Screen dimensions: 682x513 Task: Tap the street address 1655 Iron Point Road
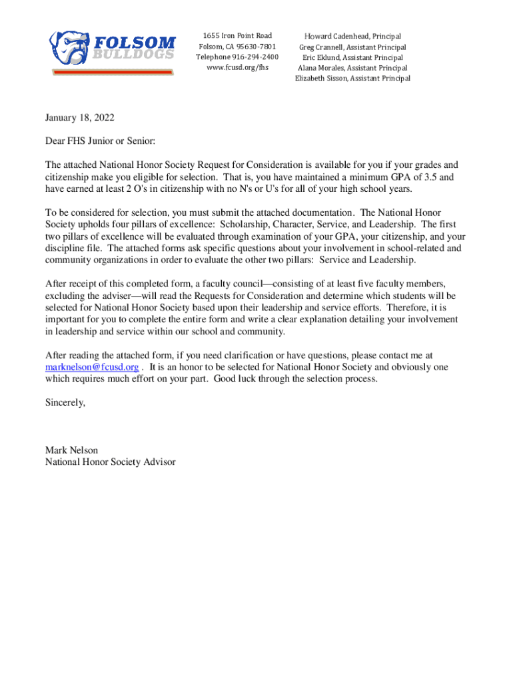coord(237,35)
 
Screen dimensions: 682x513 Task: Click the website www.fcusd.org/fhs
coord(237,67)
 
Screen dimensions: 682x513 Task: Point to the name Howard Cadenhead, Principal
coord(352,36)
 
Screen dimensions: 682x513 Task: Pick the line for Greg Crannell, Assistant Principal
coord(352,47)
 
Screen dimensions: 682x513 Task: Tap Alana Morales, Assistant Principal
coord(352,68)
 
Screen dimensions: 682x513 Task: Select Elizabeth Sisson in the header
coord(324,79)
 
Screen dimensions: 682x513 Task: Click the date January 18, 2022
coord(80,118)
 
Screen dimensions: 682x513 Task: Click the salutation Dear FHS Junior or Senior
coord(100,141)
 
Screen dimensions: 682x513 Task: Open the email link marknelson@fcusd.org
coord(92,367)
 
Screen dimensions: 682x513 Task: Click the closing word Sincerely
coord(65,402)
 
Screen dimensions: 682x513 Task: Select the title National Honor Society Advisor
coord(111,461)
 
